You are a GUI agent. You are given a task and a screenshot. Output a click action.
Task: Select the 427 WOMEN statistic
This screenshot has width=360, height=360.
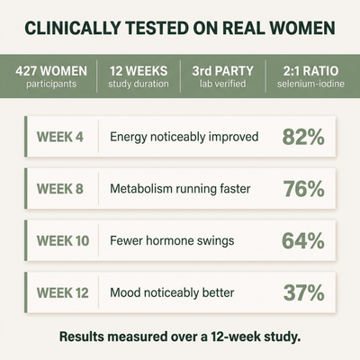tap(51, 71)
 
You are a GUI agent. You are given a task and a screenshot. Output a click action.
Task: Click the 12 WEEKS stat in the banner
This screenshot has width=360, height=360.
tap(139, 71)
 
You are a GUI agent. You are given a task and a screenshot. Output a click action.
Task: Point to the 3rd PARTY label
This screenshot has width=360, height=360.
tap(223, 71)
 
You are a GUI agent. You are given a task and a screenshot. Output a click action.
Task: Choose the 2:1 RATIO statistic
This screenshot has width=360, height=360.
tap(310, 71)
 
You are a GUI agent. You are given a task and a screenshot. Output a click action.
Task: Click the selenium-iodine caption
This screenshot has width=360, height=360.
tap(310, 84)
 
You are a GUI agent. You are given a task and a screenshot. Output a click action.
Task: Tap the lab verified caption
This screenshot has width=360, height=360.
tap(223, 84)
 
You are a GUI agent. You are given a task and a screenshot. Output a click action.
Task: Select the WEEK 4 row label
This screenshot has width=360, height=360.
tap(60, 137)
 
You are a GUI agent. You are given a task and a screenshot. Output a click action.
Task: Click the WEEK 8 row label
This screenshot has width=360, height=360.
tap(60, 189)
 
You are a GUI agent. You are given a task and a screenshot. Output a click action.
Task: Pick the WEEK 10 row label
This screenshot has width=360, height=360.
tap(63, 241)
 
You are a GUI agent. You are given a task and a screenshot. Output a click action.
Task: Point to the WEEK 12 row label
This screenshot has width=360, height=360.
tap(63, 292)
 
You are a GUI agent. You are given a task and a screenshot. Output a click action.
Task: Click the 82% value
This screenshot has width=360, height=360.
tap(303, 137)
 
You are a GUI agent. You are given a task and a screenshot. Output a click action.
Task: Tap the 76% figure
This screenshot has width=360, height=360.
tap(304, 189)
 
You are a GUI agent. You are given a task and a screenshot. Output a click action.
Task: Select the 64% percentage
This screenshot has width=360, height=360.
tap(303, 241)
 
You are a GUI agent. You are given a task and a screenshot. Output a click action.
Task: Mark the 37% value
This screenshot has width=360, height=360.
tap(304, 292)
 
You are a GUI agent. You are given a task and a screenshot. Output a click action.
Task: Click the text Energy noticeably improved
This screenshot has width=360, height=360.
tap(184, 138)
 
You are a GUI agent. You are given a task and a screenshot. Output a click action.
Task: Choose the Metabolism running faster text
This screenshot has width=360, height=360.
tap(180, 189)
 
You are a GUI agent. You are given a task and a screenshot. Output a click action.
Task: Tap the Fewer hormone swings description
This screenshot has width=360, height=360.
tap(172, 241)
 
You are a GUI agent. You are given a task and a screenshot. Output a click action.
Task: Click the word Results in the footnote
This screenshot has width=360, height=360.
tap(81, 337)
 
